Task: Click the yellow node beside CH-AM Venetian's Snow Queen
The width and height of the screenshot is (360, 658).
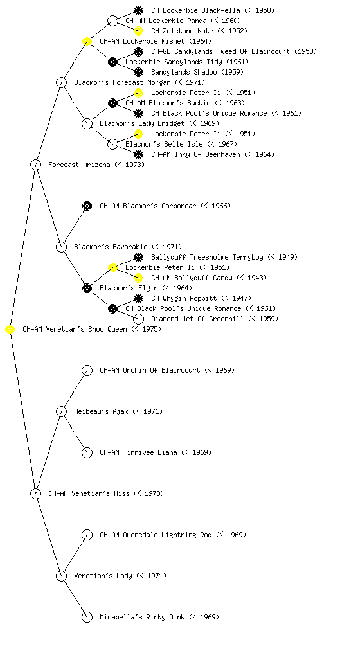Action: [10, 330]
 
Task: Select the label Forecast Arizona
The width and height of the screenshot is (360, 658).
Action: [79, 165]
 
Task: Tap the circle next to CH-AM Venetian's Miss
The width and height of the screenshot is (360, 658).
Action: [35, 494]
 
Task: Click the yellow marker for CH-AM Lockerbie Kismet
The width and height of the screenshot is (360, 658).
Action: [87, 42]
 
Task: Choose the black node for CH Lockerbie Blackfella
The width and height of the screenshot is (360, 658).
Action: [138, 10]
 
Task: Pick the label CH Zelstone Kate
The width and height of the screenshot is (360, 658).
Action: [182, 31]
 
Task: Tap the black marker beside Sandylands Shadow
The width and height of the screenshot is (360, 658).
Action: [138, 72]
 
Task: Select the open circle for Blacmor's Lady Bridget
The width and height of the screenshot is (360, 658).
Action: [87, 124]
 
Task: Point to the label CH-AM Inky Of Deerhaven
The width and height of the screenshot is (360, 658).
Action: [195, 154]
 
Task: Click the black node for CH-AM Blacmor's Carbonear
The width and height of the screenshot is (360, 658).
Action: [87, 206]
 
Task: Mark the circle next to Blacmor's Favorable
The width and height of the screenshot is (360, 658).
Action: [61, 247]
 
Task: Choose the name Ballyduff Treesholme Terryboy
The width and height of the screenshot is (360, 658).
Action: [207, 257]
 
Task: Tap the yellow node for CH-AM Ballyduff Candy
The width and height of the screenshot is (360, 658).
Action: [138, 278]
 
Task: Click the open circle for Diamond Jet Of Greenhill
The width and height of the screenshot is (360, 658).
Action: [138, 319]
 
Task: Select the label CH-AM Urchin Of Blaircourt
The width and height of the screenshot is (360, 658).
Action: [150, 371]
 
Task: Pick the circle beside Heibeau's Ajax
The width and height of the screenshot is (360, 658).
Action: [61, 412]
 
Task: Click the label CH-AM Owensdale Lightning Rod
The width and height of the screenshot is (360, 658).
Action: [156, 535]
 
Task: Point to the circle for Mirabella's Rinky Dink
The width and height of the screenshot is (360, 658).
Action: [87, 618]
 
